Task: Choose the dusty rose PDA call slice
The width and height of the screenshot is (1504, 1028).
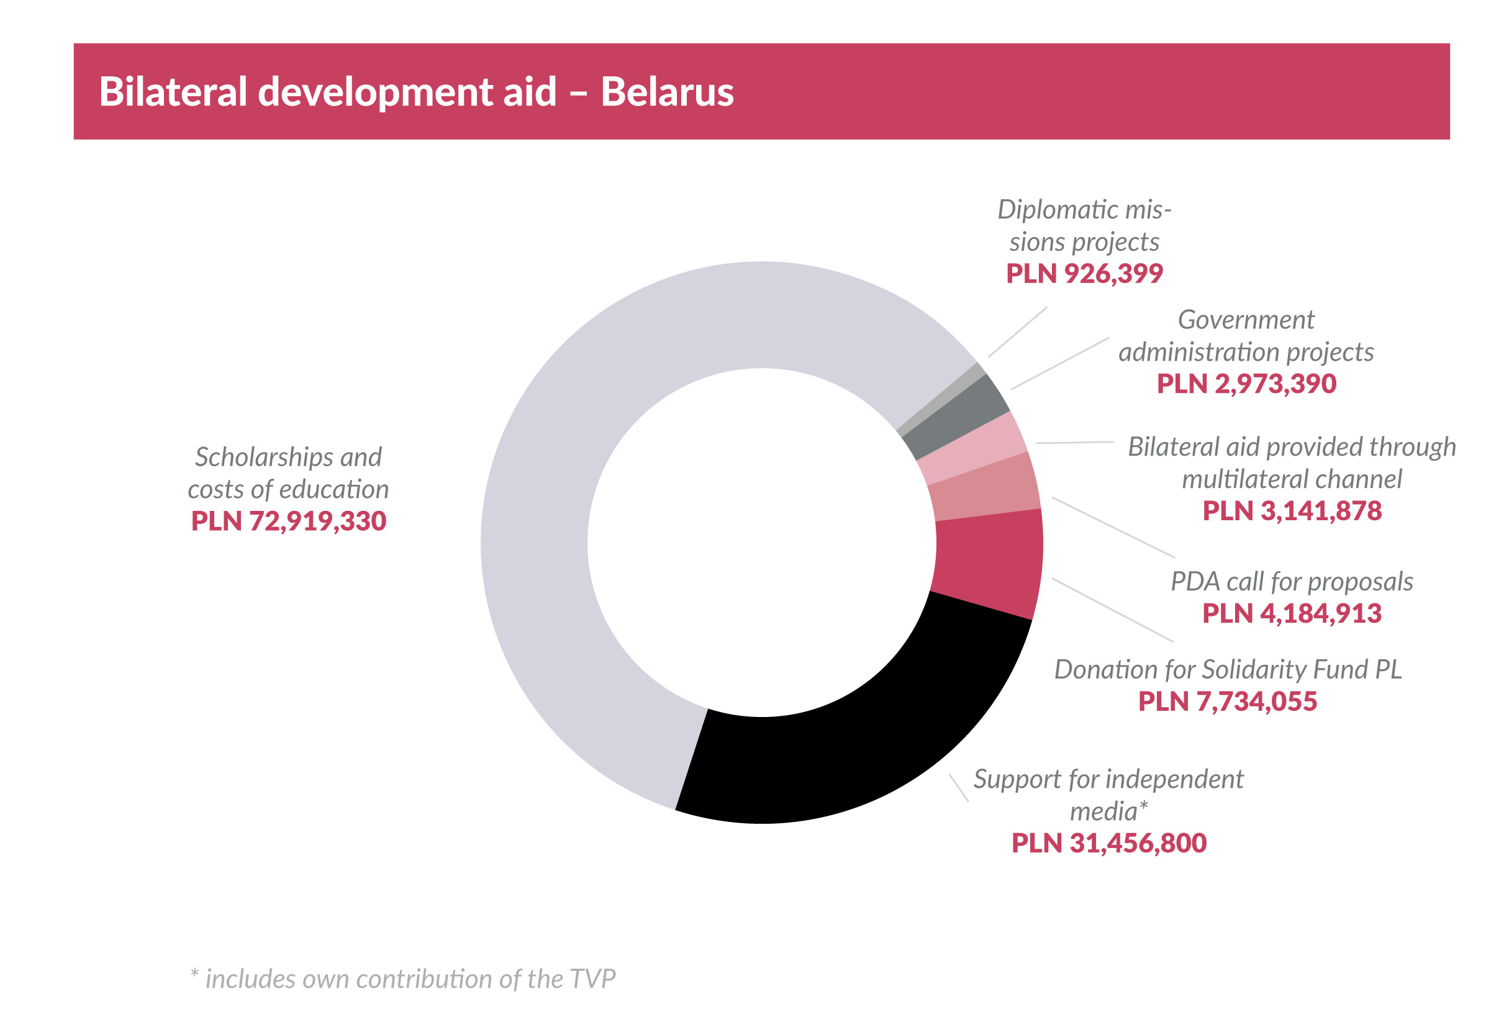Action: pyautogui.click(x=984, y=487)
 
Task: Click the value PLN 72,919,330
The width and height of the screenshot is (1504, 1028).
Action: pyautogui.click(x=289, y=521)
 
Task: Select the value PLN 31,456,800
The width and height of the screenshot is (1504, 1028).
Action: pyautogui.click(x=1108, y=844)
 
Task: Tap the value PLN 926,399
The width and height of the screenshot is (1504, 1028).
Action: pyautogui.click(x=1084, y=274)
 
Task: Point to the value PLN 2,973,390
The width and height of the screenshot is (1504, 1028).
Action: pyautogui.click(x=1246, y=384)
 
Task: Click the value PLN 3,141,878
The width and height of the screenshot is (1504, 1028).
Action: pyautogui.click(x=1292, y=511)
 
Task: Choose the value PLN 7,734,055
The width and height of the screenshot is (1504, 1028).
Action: pyautogui.click(x=1227, y=702)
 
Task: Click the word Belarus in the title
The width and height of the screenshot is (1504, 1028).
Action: pyautogui.click(x=666, y=92)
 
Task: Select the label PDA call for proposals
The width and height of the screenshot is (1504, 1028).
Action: pyautogui.click(x=1291, y=582)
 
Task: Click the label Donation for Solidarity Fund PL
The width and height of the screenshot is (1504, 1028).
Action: pyautogui.click(x=1228, y=670)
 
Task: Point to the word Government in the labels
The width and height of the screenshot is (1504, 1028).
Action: pyautogui.click(x=1246, y=320)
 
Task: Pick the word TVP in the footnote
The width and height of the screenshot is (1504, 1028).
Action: pyautogui.click(x=593, y=980)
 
